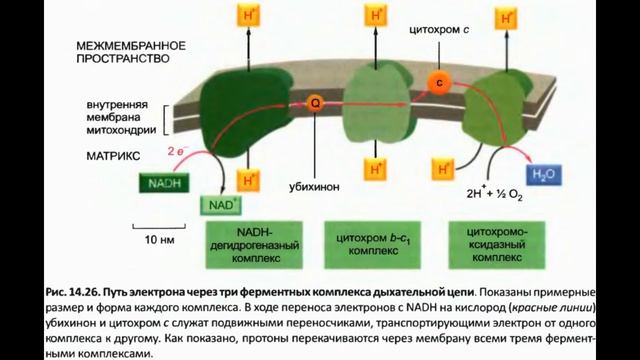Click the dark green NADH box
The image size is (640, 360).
point(164,185)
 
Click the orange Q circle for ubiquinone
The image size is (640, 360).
point(316,102)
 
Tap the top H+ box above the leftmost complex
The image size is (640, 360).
point(244,16)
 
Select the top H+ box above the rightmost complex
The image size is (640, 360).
point(508,16)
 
